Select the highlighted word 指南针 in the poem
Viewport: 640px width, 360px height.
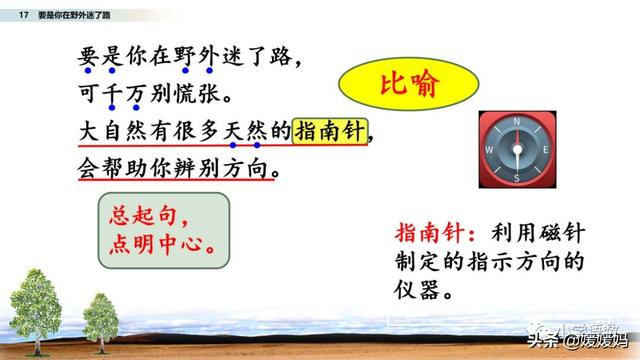[330, 131]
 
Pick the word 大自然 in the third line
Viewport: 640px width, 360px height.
[114, 131]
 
